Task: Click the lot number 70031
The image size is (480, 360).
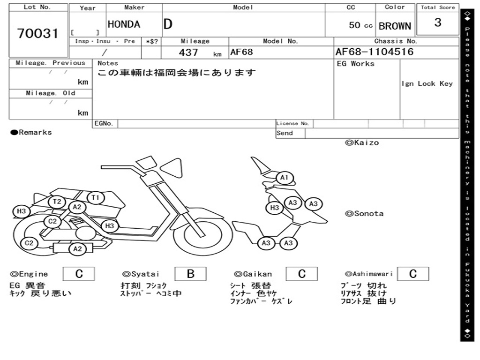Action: tap(37, 33)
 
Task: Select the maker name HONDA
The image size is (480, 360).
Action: tap(124, 24)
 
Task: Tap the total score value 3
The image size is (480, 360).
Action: tap(438, 22)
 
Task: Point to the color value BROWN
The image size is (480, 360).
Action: tap(395, 26)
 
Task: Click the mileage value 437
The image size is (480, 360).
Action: tap(188, 52)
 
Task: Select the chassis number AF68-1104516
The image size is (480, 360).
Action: tap(375, 52)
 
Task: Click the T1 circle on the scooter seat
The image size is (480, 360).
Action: tap(96, 198)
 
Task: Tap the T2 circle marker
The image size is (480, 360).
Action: tap(57, 202)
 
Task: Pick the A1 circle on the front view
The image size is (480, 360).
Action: tap(285, 178)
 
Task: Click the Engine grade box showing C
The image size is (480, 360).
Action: tap(79, 274)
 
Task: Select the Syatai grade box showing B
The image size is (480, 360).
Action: tap(190, 274)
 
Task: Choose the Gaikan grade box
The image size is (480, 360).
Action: tap(301, 274)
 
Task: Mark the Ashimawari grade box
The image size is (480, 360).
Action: tap(413, 274)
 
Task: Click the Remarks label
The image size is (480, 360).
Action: tap(31, 132)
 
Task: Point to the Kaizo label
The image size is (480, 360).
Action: tap(362, 142)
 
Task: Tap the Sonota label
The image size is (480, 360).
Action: tap(364, 214)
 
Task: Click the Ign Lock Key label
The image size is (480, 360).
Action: tap(427, 83)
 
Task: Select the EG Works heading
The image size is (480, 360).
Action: tap(356, 64)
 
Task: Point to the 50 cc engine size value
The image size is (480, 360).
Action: tap(360, 25)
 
